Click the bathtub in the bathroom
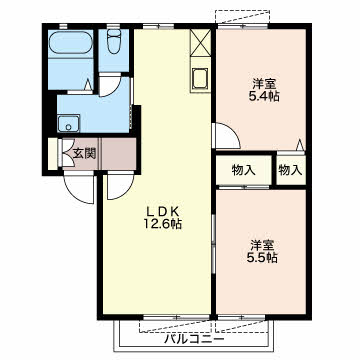(70, 42)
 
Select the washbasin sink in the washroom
(68, 123)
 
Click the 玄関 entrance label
(84, 154)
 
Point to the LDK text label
(163, 211)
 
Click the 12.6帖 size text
(163, 224)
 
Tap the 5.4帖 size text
(264, 96)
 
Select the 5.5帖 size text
(263, 258)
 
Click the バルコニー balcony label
(195, 339)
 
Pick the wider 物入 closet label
(244, 171)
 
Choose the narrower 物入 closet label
(290, 170)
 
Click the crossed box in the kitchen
(200, 42)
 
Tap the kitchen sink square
(200, 78)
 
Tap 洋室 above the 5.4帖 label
(264, 83)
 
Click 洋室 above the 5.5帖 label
(263, 245)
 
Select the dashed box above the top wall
(242, 17)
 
